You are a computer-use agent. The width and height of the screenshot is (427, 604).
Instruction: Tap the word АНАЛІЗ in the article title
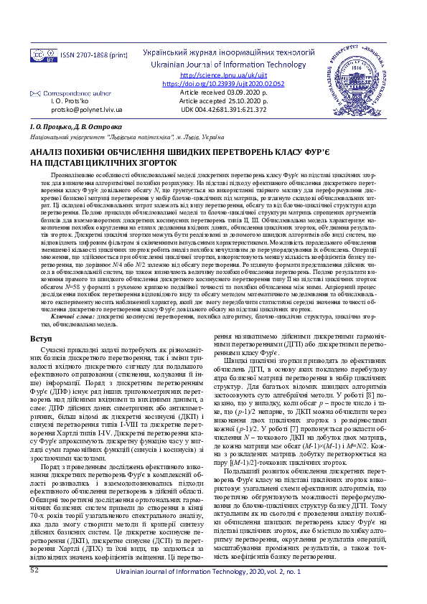[49, 153]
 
